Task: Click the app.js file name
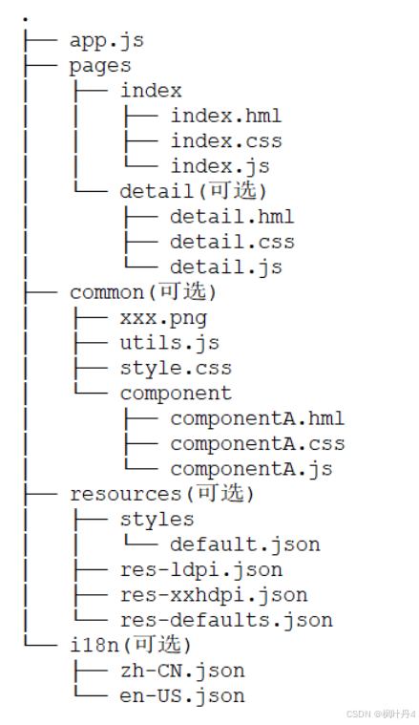pos(107,41)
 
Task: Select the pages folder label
pos(100,66)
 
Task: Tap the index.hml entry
pos(226,116)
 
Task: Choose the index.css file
pos(226,141)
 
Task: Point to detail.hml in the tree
pos(232,217)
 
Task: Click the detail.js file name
pos(226,267)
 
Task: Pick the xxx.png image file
pos(163,318)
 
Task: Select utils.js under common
pos(170,343)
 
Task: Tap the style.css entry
pos(176,368)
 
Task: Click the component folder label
pos(176,394)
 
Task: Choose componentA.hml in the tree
pos(258,418)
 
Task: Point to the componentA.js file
pos(251,469)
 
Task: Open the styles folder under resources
pos(157,520)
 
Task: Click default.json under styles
pos(245,544)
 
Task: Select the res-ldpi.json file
pos(201,569)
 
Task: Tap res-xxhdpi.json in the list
pos(214,595)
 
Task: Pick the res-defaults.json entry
pos(226,620)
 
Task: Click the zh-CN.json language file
pos(182,671)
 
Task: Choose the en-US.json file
pos(182,696)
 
